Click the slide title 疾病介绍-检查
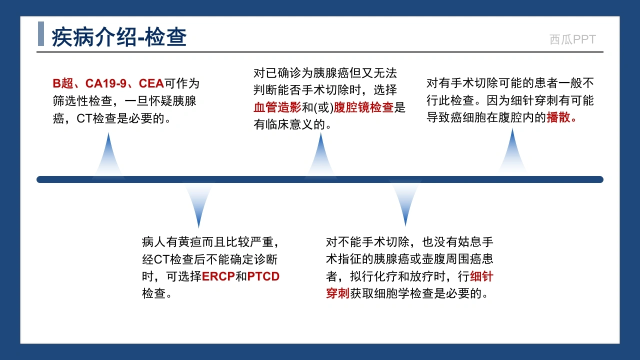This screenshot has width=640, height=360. click(119, 37)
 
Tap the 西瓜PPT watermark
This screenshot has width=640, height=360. click(572, 39)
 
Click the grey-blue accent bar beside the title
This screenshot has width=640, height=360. click(41, 33)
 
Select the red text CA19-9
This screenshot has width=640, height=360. click(105, 83)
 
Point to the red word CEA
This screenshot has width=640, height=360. click(151, 83)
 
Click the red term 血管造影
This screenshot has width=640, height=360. click(277, 107)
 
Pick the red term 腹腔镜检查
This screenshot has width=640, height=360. click(363, 107)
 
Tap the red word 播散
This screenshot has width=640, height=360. click(558, 117)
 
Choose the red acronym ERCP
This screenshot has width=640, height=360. click(218, 276)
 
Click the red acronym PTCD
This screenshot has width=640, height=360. click(263, 276)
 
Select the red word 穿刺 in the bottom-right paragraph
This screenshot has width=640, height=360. click(337, 293)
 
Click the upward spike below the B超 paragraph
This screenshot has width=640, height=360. click(108, 154)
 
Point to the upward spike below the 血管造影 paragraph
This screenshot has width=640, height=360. click(321, 154)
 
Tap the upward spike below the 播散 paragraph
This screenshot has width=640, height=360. click(512, 151)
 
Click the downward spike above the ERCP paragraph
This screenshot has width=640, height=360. click(199, 205)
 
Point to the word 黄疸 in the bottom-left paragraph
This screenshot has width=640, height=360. click(189, 242)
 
